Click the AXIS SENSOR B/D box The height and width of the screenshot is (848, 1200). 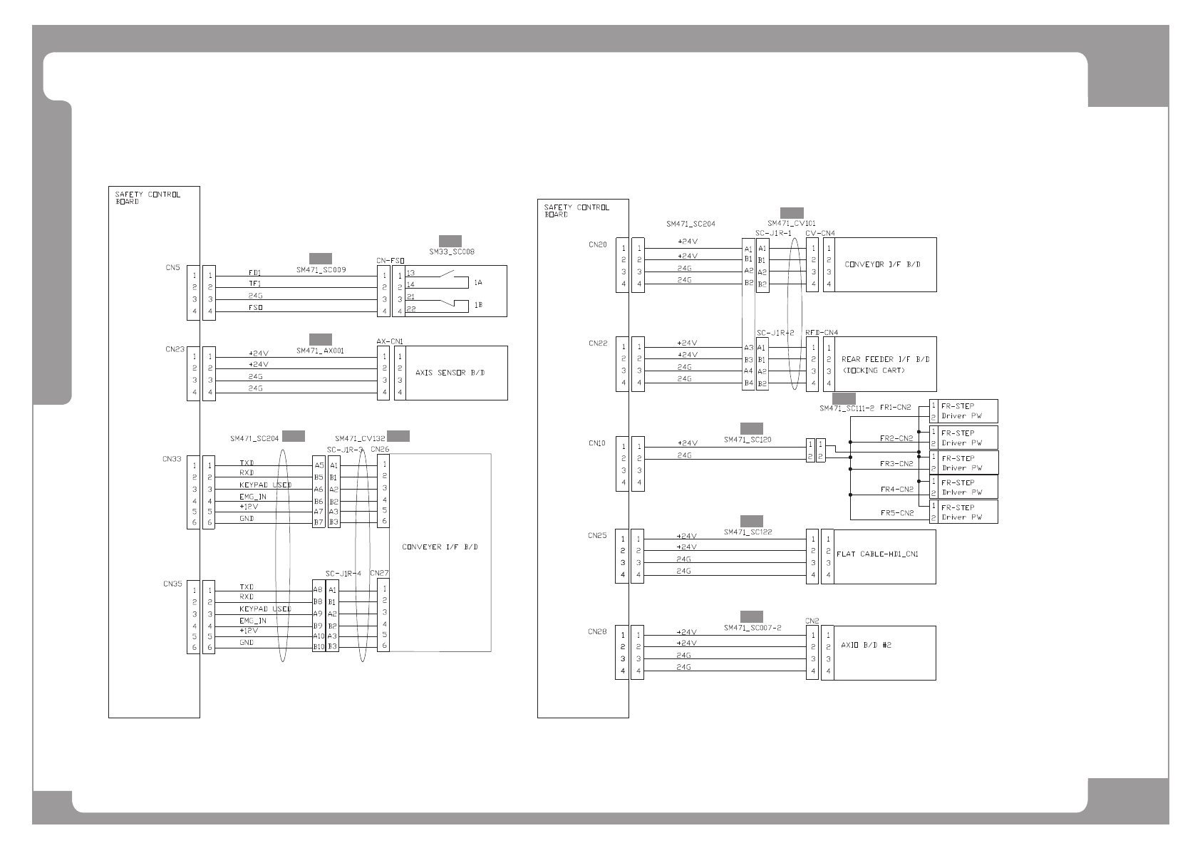(450, 372)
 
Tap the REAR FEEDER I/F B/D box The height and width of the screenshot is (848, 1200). (884, 363)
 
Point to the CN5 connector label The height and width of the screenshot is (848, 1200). (172, 269)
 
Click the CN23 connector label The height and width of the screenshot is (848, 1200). (175, 350)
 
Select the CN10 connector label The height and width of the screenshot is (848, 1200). (597, 443)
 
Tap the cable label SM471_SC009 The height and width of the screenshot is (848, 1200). (321, 270)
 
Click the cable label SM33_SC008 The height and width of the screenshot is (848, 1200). (452, 252)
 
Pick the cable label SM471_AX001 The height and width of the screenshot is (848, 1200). (320, 351)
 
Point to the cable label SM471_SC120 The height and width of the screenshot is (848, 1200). (748, 440)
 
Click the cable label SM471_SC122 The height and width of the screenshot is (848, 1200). (748, 532)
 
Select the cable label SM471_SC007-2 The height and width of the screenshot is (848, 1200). (752, 628)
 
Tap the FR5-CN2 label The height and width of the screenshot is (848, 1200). (896, 513)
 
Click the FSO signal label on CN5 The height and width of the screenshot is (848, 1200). (256, 308)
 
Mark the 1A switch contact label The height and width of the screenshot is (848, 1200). (478, 283)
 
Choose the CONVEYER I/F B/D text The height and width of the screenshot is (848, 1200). (440, 547)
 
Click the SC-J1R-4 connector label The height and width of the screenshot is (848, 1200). (343, 574)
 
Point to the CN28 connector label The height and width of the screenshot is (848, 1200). (597, 632)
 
